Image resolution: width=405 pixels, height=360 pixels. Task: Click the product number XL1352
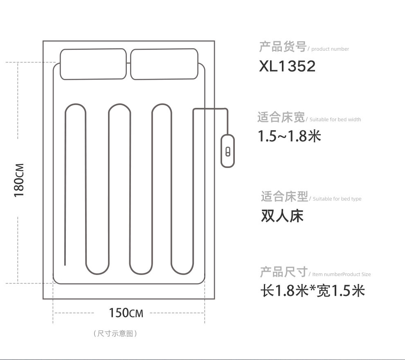[x=287, y=66]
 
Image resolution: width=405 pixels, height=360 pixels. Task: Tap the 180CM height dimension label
[x=19, y=180]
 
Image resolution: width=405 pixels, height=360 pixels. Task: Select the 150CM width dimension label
[x=126, y=313]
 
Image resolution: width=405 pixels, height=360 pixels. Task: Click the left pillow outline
[x=60, y=64]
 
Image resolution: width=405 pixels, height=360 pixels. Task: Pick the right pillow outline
[x=130, y=64]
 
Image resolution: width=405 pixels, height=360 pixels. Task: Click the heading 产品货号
[x=283, y=47]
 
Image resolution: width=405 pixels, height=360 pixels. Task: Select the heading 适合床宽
[x=281, y=117]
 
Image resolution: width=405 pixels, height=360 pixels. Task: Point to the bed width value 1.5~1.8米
[x=289, y=136]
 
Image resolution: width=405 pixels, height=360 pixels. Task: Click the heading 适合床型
[x=284, y=197]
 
